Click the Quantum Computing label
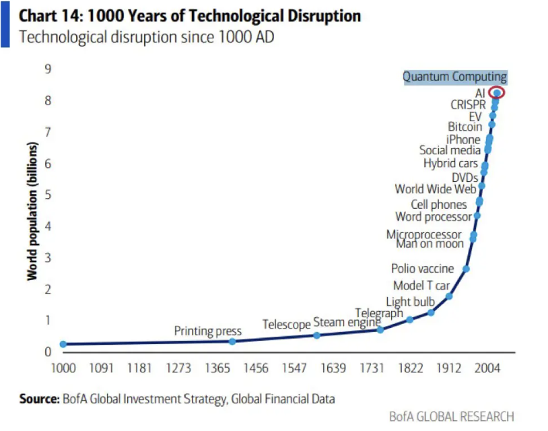pyautogui.click(x=454, y=77)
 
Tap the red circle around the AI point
pyautogui.click(x=497, y=93)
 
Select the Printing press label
pyautogui.click(x=207, y=331)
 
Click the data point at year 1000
pyautogui.click(x=63, y=344)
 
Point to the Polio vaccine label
pyautogui.click(x=422, y=269)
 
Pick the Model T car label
pyautogui.click(x=421, y=286)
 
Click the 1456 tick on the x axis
pyautogui.click(x=256, y=368)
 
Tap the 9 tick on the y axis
pyautogui.click(x=48, y=69)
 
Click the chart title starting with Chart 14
pyautogui.click(x=190, y=15)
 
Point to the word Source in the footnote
pyautogui.click(x=39, y=399)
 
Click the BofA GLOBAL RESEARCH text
pyautogui.click(x=451, y=416)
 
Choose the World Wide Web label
pyautogui.click(x=436, y=189)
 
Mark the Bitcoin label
pyautogui.click(x=465, y=127)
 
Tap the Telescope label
pyautogui.click(x=286, y=325)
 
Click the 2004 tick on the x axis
pyautogui.click(x=487, y=368)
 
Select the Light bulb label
pyautogui.click(x=410, y=302)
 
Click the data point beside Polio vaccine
pyautogui.click(x=466, y=269)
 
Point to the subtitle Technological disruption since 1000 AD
pyautogui.click(x=147, y=36)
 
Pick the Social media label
pyautogui.click(x=450, y=150)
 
